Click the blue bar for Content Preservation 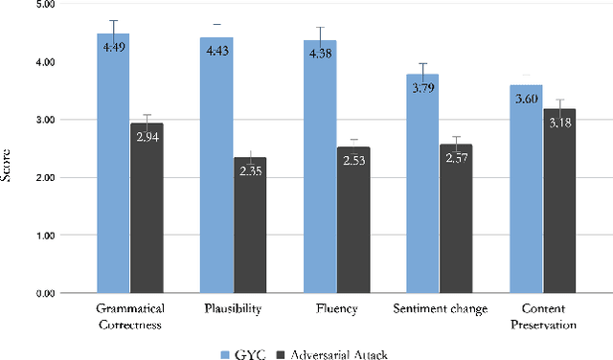[526, 191]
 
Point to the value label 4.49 [113, 46]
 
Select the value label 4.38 [320, 53]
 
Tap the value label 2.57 [456, 156]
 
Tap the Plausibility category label [232, 309]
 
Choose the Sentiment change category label [439, 309]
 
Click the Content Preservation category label [542, 317]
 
